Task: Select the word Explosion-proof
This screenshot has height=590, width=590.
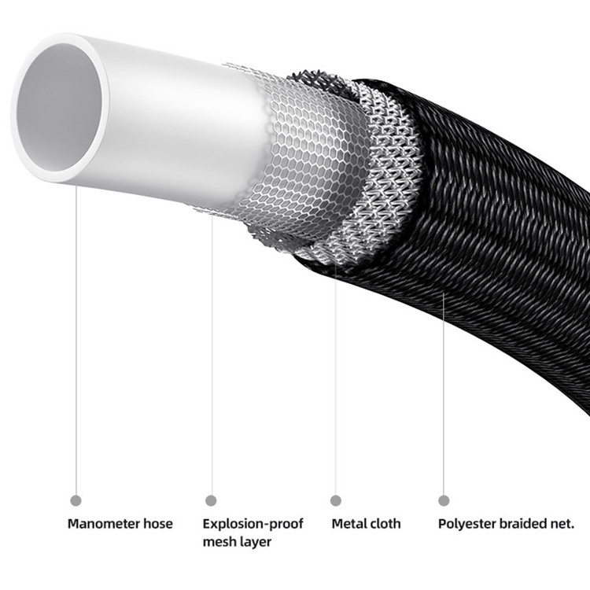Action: (x=253, y=524)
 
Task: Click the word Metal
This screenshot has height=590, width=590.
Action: (x=348, y=524)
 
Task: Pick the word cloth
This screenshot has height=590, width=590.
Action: (x=385, y=524)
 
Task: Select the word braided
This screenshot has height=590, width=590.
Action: (x=522, y=524)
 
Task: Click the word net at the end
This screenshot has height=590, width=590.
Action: (x=564, y=524)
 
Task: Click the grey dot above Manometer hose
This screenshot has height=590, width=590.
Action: (x=76, y=500)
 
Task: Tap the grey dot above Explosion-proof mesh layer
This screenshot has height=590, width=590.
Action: (x=211, y=500)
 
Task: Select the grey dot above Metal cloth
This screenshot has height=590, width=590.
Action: (x=336, y=500)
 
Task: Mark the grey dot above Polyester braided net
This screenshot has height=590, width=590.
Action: (x=444, y=500)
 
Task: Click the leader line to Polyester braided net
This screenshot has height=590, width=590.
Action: (x=444, y=393)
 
